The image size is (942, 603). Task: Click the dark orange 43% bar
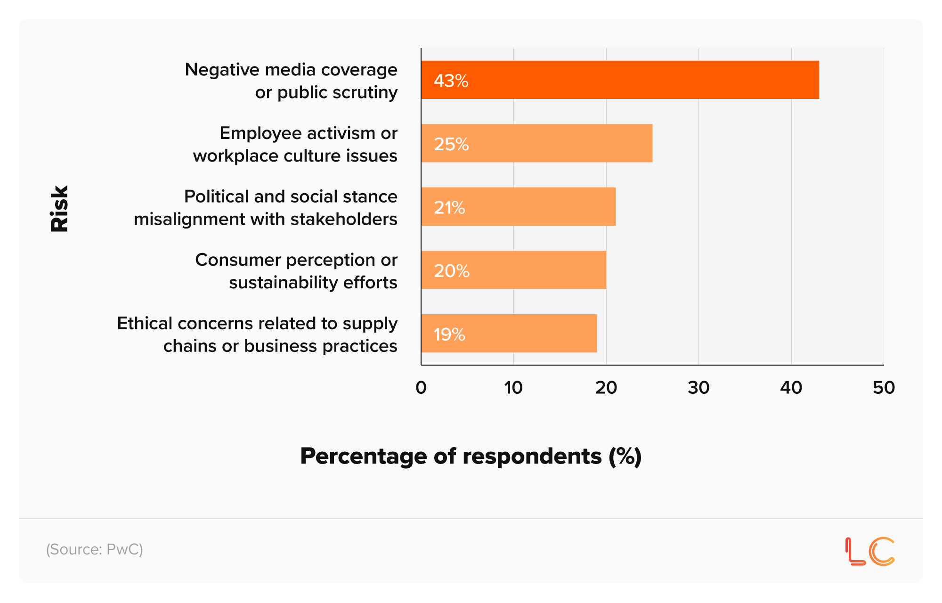(620, 80)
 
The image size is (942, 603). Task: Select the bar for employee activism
(536, 143)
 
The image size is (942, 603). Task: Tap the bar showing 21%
(518, 207)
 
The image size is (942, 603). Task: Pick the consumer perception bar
(513, 270)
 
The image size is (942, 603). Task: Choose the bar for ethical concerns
(509, 334)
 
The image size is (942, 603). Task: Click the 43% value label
(451, 81)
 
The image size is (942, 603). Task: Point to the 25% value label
(451, 144)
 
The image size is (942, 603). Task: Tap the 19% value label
(449, 334)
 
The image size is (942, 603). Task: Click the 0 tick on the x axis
(421, 388)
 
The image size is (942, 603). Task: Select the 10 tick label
(513, 388)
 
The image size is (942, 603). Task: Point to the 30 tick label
(698, 388)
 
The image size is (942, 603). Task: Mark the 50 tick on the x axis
(883, 388)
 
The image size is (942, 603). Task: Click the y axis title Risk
(60, 208)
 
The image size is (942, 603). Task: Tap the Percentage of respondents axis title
(471, 456)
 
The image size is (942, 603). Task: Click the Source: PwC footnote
(94, 549)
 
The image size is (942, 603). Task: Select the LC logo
(869, 551)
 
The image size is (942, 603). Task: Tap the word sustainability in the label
(283, 283)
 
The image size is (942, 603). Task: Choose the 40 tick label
(791, 388)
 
